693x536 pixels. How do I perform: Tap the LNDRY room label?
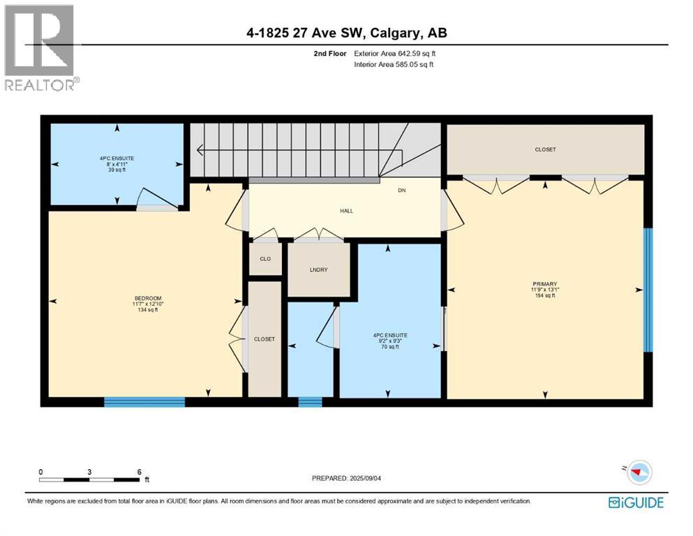point(318,269)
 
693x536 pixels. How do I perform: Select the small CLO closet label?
point(265,259)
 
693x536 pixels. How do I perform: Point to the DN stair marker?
point(402,190)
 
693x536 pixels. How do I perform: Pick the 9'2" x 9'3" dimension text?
point(390,341)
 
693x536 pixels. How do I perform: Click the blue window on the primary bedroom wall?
point(648,290)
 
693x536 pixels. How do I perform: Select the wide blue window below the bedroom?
point(144,401)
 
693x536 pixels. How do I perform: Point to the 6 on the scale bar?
point(140,472)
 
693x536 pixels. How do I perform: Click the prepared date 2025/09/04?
point(348,478)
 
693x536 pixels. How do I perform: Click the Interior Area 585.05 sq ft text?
point(394,64)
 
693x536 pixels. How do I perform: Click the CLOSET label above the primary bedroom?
point(545,149)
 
